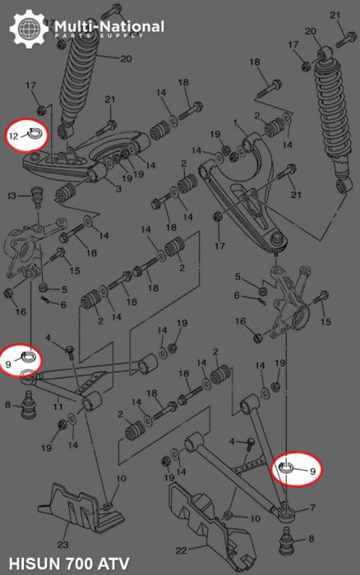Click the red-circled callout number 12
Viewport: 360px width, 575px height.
(x=14, y=135)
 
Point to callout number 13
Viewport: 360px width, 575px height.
(x=12, y=195)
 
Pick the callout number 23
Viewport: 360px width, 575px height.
(x=63, y=545)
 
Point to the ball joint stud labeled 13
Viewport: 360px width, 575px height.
(x=36, y=198)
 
